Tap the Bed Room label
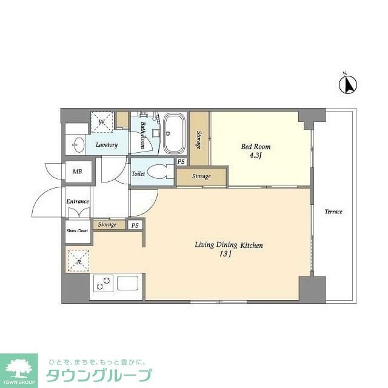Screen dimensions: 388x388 point(256,147)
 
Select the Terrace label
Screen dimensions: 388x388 point(333,212)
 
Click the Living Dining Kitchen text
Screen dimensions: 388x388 point(228,245)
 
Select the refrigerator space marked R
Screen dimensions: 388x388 point(78,261)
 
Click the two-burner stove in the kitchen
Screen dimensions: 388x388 point(102,283)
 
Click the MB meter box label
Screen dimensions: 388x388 point(77,172)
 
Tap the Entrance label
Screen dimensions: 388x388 point(78,201)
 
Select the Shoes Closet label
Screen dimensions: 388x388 point(77,230)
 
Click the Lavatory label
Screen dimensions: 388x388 point(105,144)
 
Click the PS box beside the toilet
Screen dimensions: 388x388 point(181,162)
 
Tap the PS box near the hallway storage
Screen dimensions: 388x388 point(135,226)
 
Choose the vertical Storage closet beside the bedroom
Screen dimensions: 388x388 point(198,139)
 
